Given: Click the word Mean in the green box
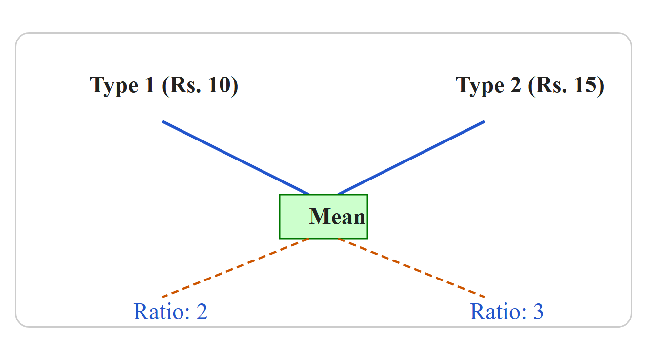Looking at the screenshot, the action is pyautogui.click(x=337, y=217).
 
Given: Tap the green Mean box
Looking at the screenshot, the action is pyautogui.click(x=323, y=217).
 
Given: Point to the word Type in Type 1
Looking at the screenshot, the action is pyautogui.click(x=114, y=86).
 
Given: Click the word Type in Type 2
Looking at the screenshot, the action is pyautogui.click(x=480, y=86).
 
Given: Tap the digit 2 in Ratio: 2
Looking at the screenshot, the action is pyautogui.click(x=202, y=312).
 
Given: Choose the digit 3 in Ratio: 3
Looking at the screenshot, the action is pyautogui.click(x=538, y=312).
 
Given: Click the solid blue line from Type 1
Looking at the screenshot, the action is pyautogui.click(x=236, y=158).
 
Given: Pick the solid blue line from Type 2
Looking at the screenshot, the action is pyautogui.click(x=411, y=158).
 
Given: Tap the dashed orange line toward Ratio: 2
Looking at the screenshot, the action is pyautogui.click(x=236, y=268).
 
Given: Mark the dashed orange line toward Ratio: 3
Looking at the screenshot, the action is pyautogui.click(x=411, y=268).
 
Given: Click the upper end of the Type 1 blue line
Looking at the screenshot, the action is pyautogui.click(x=162, y=121).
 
